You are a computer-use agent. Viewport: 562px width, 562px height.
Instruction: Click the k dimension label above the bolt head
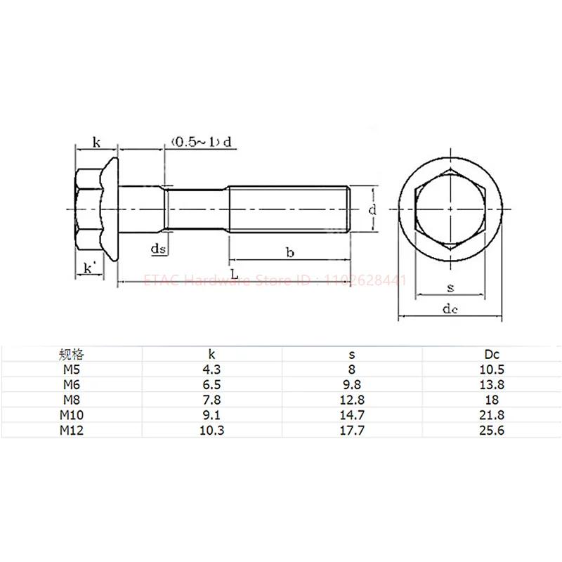point(97,143)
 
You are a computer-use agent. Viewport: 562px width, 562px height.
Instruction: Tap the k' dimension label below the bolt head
point(89,268)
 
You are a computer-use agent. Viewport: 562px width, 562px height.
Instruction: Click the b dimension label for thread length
point(289,251)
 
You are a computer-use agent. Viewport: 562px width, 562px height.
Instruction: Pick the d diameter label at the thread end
point(374,209)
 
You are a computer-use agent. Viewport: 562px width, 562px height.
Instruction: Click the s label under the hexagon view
point(450,287)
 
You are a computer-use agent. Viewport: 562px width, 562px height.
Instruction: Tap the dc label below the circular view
point(450,310)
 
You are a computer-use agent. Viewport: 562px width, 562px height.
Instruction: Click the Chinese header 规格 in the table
point(72,355)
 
